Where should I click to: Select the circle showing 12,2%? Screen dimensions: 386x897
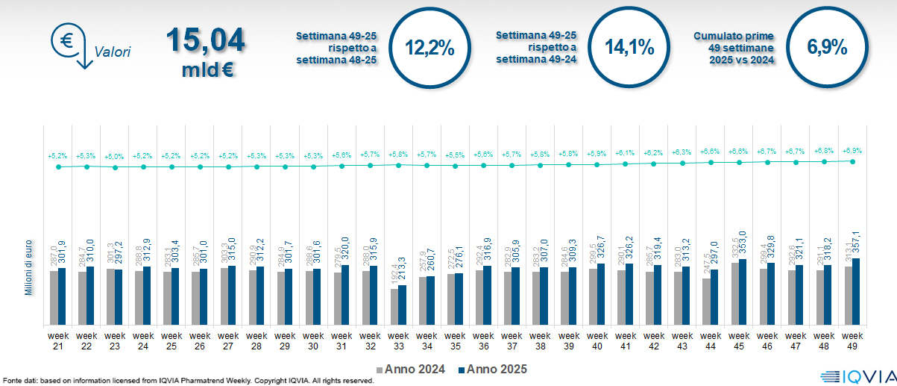429,47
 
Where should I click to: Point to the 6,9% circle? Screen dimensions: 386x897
827,47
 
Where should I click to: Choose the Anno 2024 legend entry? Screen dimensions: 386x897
415,370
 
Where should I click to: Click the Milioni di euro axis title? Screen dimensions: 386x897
29,267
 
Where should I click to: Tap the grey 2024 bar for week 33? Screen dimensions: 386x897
394,307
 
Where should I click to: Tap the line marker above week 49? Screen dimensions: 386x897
852,161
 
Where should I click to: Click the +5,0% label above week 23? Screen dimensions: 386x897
115,156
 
